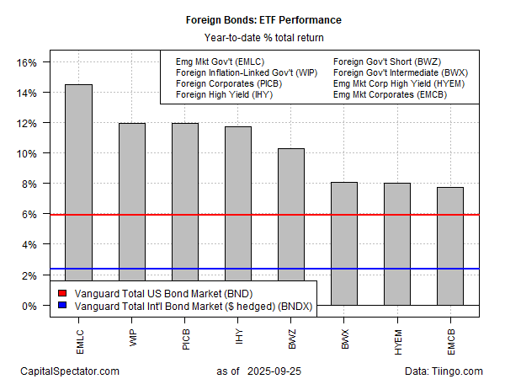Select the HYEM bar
(396, 243)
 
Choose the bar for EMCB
(449, 245)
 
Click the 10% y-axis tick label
(28, 153)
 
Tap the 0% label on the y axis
(30, 305)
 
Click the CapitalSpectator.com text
(69, 371)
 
